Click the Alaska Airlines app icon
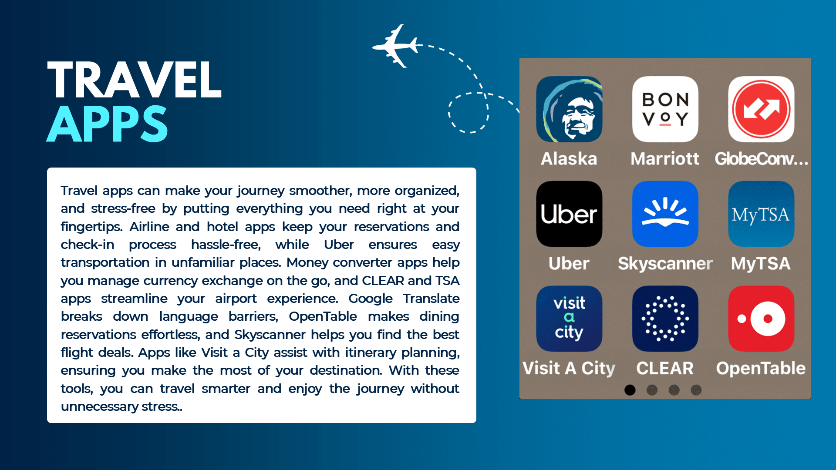569,109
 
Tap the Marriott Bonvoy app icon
665,109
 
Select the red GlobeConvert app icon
761,109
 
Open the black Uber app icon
569,214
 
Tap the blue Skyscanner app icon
665,214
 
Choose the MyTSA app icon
761,214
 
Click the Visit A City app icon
569,319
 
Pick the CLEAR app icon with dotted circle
665,319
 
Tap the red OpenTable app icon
761,319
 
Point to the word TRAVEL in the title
135,80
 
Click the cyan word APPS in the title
107,124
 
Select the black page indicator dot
630,390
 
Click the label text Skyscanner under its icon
665,263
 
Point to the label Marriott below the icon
665,158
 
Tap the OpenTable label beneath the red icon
761,369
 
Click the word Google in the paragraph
370,299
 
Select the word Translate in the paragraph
431,299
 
